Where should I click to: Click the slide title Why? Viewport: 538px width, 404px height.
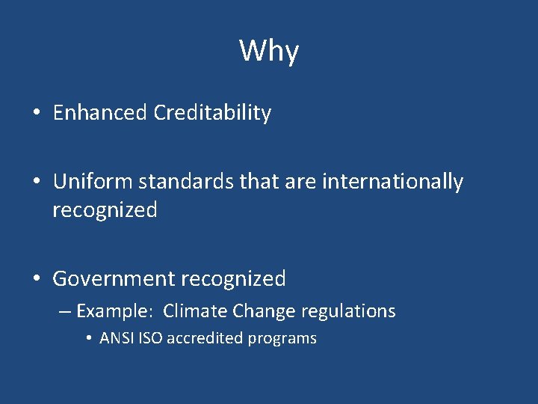click(x=269, y=51)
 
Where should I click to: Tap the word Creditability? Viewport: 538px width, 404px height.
click(x=212, y=113)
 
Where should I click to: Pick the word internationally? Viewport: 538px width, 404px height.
click(x=392, y=182)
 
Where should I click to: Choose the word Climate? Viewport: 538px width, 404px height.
click(x=195, y=310)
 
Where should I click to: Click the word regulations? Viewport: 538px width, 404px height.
click(x=347, y=310)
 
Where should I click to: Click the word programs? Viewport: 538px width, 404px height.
click(x=282, y=339)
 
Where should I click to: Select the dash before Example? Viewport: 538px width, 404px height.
click(x=64, y=311)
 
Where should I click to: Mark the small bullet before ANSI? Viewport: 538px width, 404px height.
click(x=89, y=339)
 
